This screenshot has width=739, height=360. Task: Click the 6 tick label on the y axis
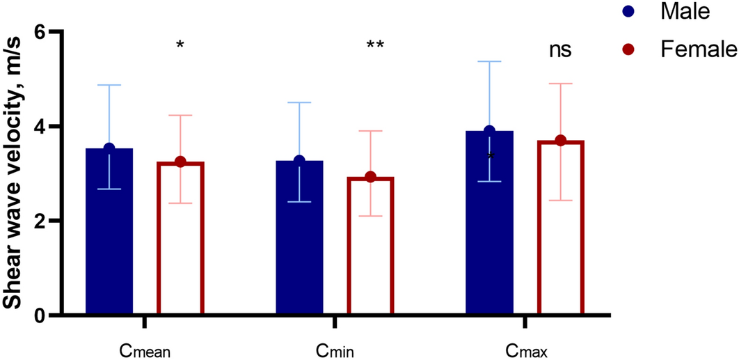40,33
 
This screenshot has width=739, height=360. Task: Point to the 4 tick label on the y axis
40,127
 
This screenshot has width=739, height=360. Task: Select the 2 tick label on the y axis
40,221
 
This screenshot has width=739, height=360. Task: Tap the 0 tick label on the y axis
40,315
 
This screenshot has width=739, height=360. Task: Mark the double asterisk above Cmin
375,47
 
